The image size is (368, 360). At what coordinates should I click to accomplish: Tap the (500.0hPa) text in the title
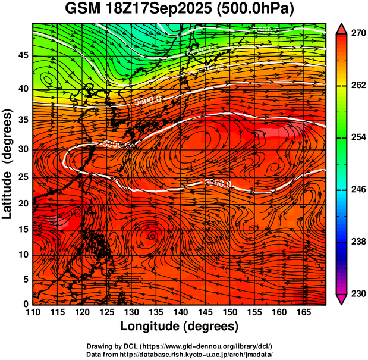tap(258, 10)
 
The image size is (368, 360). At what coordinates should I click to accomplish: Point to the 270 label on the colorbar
tap(358, 34)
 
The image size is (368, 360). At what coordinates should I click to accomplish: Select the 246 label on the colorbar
tap(358, 190)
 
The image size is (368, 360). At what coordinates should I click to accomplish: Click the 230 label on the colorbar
tap(358, 293)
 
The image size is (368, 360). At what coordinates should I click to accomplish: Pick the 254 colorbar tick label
tap(358, 138)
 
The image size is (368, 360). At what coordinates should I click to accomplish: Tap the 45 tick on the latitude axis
tap(23, 55)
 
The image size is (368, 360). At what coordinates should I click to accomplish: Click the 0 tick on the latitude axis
tap(26, 305)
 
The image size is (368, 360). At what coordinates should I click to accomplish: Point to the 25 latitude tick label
tap(23, 177)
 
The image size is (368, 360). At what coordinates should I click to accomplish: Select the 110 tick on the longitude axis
tap(33, 313)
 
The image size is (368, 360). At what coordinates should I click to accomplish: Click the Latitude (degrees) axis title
tap(8, 164)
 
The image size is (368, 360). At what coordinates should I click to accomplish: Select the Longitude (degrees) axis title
tap(180, 326)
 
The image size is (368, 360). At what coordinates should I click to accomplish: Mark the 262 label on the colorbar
tap(358, 86)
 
